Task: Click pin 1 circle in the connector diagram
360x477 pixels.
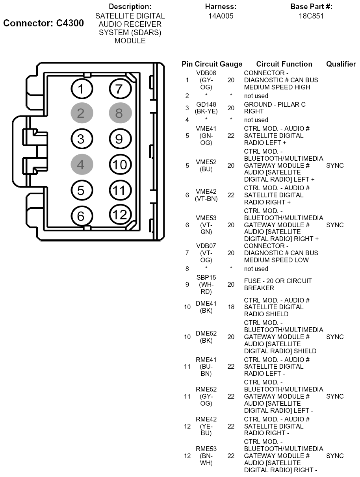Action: pyautogui.click(x=81, y=89)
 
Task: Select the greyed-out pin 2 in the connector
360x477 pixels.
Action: pyautogui.click(x=82, y=113)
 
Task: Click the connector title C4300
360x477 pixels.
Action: pyautogui.click(x=43, y=23)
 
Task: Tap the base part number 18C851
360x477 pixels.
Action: pyautogui.click(x=311, y=17)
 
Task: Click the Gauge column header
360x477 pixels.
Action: pyautogui.click(x=231, y=64)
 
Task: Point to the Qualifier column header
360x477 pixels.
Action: pyautogui.click(x=341, y=64)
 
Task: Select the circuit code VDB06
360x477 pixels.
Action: pyautogui.click(x=206, y=73)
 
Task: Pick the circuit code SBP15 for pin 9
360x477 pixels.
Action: pyautogui.click(x=206, y=278)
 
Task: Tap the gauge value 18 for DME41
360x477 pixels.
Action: pyautogui.click(x=231, y=307)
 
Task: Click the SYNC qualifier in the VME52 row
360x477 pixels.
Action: pyautogui.click(x=335, y=165)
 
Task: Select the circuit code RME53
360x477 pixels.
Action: pyautogui.click(x=206, y=449)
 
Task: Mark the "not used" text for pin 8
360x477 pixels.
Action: pyautogui.click(x=256, y=269)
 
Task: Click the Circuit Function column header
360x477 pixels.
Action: pyautogui.click(x=284, y=64)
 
